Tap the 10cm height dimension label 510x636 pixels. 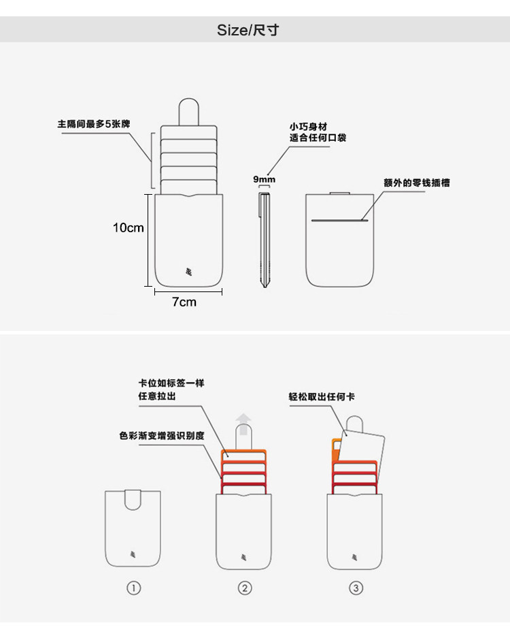[128, 227]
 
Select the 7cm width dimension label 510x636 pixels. [184, 302]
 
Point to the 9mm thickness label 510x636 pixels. [264, 179]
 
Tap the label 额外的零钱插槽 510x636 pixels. [416, 182]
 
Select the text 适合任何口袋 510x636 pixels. [313, 138]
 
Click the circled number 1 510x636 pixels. [134, 588]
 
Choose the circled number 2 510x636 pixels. [245, 588]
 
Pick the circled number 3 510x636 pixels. [356, 588]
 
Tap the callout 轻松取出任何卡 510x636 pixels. [323, 396]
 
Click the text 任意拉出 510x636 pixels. [157, 395]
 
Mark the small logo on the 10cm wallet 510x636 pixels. [189, 272]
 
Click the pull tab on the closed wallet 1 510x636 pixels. [133, 499]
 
